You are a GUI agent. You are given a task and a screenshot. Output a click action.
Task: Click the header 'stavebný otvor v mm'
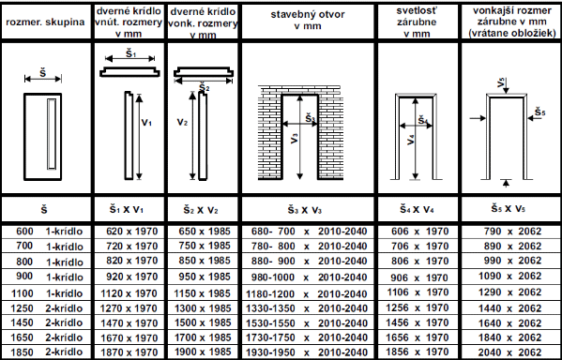(x=307, y=20)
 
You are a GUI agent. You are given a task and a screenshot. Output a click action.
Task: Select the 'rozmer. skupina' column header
(x=46, y=22)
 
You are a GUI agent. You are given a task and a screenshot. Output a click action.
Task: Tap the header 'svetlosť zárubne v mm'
(x=417, y=22)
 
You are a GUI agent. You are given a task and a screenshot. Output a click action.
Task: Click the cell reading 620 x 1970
(x=132, y=232)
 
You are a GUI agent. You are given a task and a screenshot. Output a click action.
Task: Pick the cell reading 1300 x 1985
(x=203, y=308)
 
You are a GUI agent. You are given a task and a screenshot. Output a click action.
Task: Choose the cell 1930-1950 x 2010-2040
(x=307, y=352)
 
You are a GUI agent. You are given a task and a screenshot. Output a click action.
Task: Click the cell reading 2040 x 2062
(x=509, y=352)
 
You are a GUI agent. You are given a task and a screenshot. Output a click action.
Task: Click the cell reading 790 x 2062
(x=512, y=232)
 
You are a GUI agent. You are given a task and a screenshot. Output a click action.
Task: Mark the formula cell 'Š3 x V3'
(x=305, y=210)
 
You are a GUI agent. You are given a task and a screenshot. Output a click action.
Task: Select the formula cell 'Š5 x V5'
(x=509, y=209)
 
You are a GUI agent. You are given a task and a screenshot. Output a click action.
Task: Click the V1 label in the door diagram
(x=146, y=123)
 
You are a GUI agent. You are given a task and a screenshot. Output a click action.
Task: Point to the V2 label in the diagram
(x=182, y=123)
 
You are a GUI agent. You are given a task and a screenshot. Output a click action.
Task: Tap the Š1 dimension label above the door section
(x=130, y=53)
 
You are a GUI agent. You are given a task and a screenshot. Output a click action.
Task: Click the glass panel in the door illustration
(x=52, y=134)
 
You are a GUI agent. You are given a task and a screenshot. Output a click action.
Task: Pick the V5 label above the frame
(x=501, y=83)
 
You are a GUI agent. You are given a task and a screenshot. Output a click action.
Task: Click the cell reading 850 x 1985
(x=205, y=261)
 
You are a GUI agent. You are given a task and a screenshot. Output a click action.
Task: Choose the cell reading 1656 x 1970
(x=418, y=337)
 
